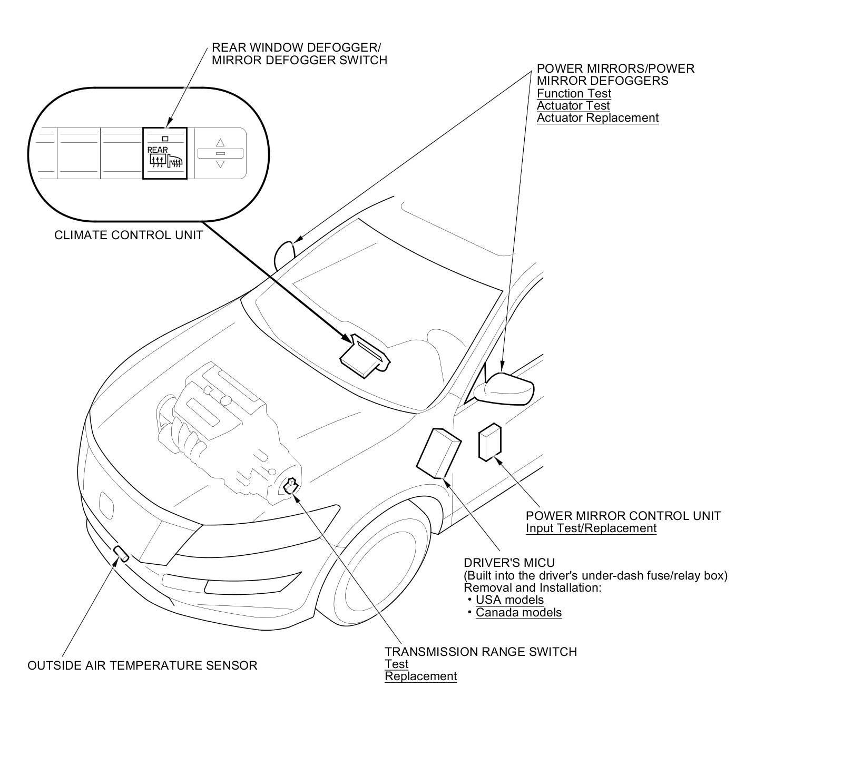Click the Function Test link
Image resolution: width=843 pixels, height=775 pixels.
574,93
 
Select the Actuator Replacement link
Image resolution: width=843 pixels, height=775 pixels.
597,117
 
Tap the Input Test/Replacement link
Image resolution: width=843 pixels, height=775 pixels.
591,528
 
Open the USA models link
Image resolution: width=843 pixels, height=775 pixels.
509,600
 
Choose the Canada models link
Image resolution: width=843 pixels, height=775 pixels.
518,612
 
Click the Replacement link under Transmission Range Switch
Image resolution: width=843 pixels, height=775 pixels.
420,676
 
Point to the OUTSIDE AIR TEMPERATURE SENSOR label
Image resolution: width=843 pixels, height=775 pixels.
142,665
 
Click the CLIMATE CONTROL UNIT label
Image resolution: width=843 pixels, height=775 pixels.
129,235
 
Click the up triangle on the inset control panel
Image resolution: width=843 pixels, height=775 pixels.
220,142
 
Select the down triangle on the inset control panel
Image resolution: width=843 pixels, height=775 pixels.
220,164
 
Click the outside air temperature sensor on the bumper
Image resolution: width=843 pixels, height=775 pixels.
121,554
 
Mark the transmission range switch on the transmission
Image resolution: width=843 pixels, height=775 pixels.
290,486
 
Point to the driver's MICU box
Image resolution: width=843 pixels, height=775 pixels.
438,453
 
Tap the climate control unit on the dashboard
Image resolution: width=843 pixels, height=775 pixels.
364,357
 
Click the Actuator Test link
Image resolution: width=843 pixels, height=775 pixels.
573,105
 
